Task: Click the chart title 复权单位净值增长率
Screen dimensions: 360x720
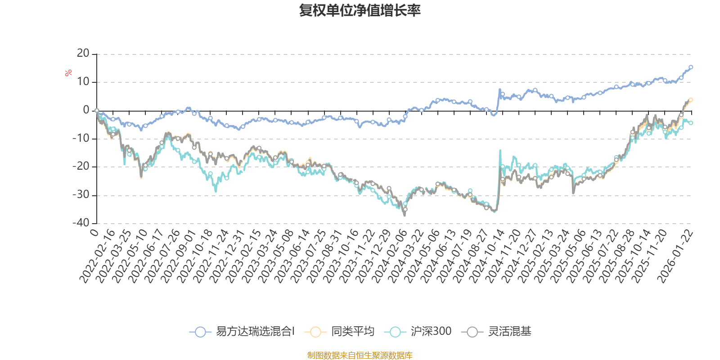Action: (360, 11)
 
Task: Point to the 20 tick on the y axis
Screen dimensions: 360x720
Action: (83, 54)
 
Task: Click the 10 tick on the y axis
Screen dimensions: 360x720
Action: (83, 82)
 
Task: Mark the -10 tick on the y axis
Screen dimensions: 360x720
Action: (81, 139)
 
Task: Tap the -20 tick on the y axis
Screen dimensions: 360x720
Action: (81, 167)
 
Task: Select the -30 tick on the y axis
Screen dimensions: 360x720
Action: (81, 195)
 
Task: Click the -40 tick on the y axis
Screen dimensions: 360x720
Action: (81, 223)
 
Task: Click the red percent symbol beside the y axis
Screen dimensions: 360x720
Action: (68, 73)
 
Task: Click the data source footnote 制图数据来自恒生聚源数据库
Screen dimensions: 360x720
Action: (360, 355)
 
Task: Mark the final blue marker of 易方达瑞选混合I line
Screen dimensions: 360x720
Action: (691, 67)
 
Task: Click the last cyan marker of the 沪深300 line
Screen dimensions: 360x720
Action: (691, 123)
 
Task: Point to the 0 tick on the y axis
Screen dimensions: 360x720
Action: (86, 110)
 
